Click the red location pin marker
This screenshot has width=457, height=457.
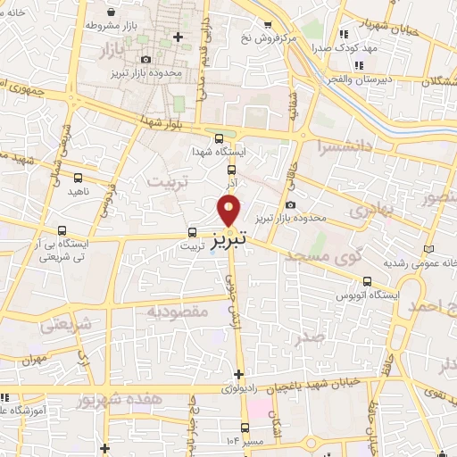(229, 211)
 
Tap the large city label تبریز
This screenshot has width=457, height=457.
(229, 240)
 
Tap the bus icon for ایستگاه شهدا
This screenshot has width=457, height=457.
(220, 137)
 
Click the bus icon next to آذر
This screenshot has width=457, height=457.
(231, 169)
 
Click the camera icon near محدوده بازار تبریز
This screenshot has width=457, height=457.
(290, 205)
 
